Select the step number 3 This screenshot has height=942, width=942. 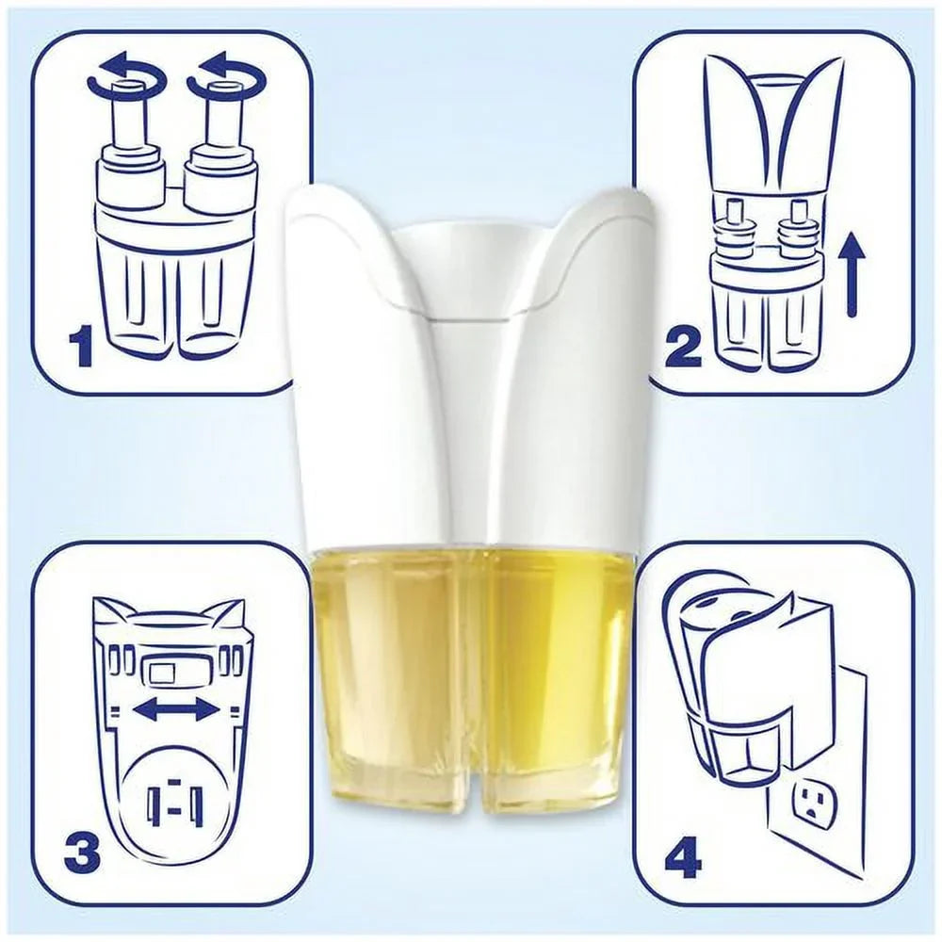pyautogui.click(x=82, y=853)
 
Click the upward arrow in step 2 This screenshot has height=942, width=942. pyautogui.click(x=851, y=275)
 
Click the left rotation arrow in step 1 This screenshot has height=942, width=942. pyautogui.click(x=127, y=77)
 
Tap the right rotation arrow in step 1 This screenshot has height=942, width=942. pyautogui.click(x=226, y=77)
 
